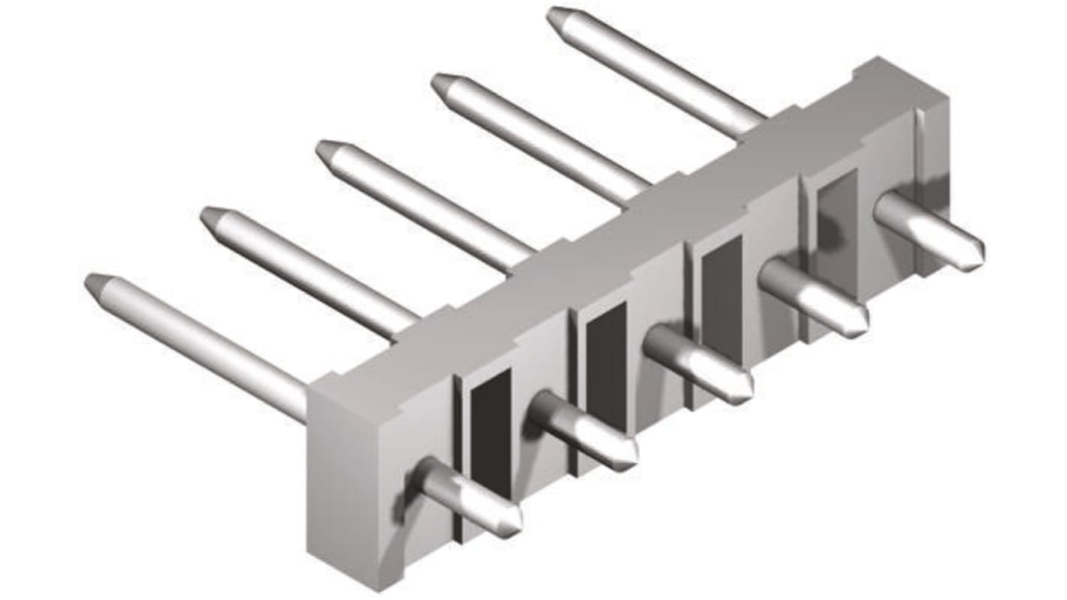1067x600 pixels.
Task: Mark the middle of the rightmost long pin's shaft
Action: [657, 74]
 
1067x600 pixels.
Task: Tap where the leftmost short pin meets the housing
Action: [427, 475]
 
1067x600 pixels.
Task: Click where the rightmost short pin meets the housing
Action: [887, 208]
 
